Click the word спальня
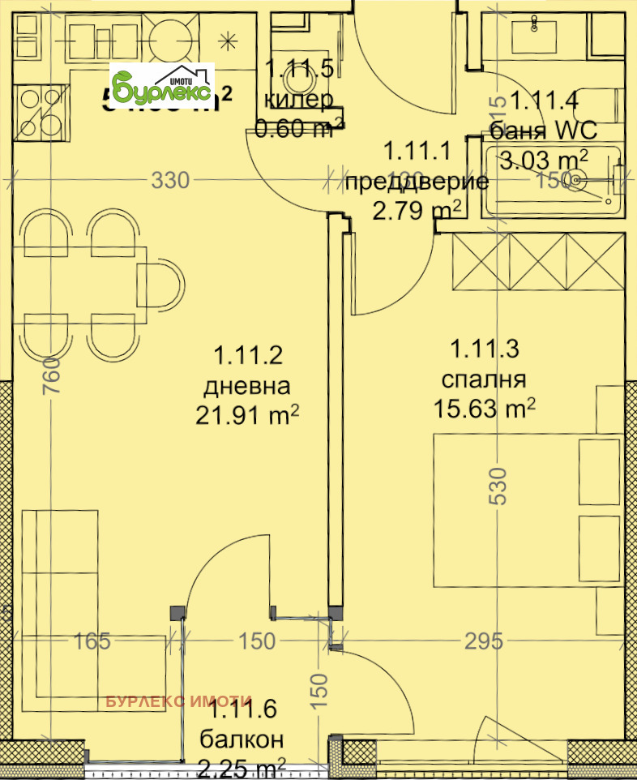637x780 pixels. pos(484,379)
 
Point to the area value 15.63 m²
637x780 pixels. pos(485,409)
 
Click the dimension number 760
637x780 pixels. pos(50,375)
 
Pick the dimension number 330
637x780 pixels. pos(170,181)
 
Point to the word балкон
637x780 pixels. pos(242,739)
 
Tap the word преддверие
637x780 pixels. pos(417,182)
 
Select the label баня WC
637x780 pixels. pos(543,130)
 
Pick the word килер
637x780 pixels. pos(298,101)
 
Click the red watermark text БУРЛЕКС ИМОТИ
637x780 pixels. pos(179,702)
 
